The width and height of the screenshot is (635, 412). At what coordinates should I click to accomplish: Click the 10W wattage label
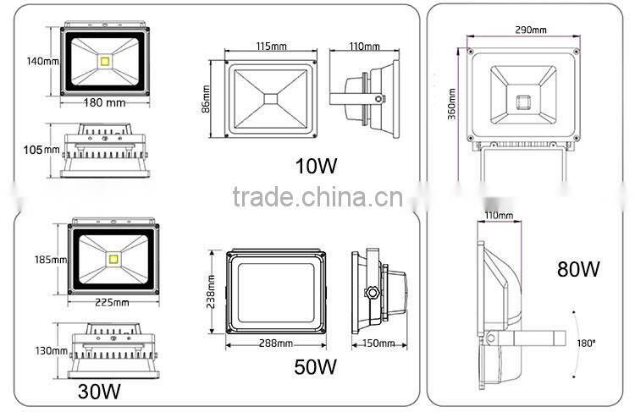tap(317, 165)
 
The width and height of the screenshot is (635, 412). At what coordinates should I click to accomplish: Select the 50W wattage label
tap(316, 366)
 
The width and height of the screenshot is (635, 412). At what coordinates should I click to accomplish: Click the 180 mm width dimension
tap(105, 103)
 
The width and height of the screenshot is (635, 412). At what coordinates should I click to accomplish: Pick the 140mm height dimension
tap(41, 61)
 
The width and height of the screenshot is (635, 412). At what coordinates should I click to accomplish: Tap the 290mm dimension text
tap(530, 30)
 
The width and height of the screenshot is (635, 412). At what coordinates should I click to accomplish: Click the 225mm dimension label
tap(112, 302)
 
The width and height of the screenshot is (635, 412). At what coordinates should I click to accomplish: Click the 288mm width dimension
tap(276, 344)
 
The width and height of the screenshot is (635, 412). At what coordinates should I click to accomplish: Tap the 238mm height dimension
tap(210, 293)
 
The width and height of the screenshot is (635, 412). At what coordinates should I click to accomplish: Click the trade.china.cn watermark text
tap(318, 198)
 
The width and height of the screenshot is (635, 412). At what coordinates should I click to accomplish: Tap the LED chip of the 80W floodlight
tap(522, 102)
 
